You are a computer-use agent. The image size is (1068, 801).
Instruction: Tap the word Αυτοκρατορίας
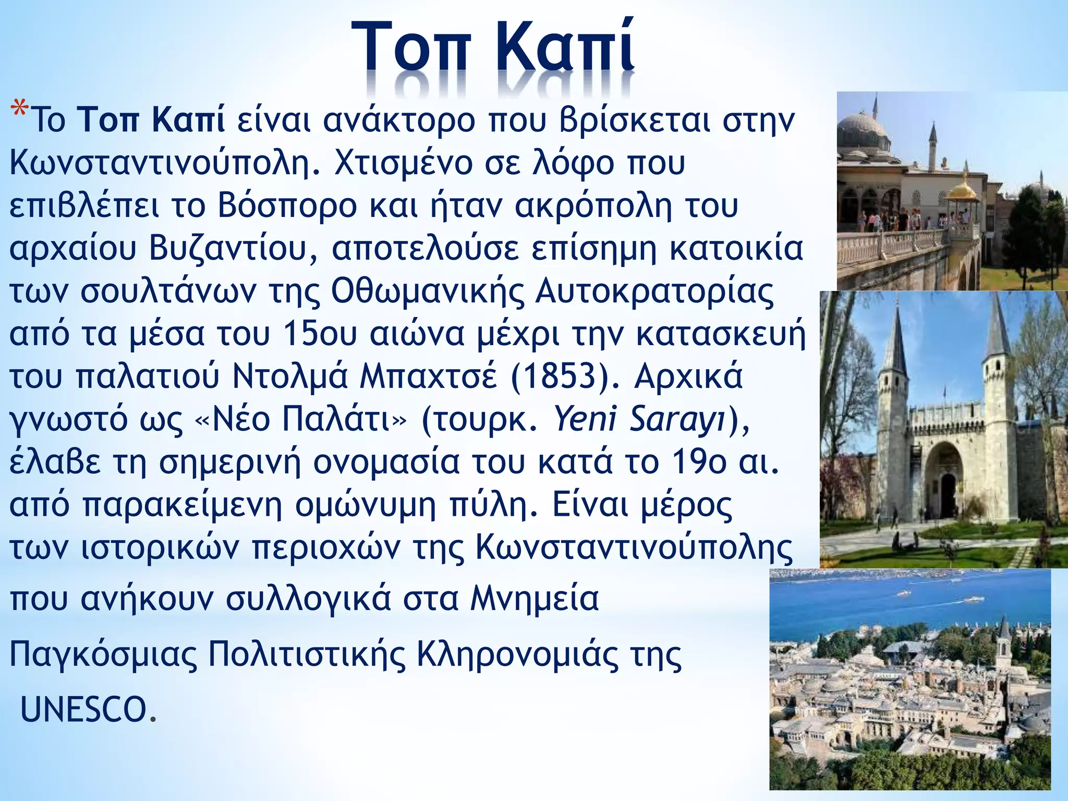click(654, 291)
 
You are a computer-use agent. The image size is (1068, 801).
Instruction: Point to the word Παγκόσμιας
click(103, 654)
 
